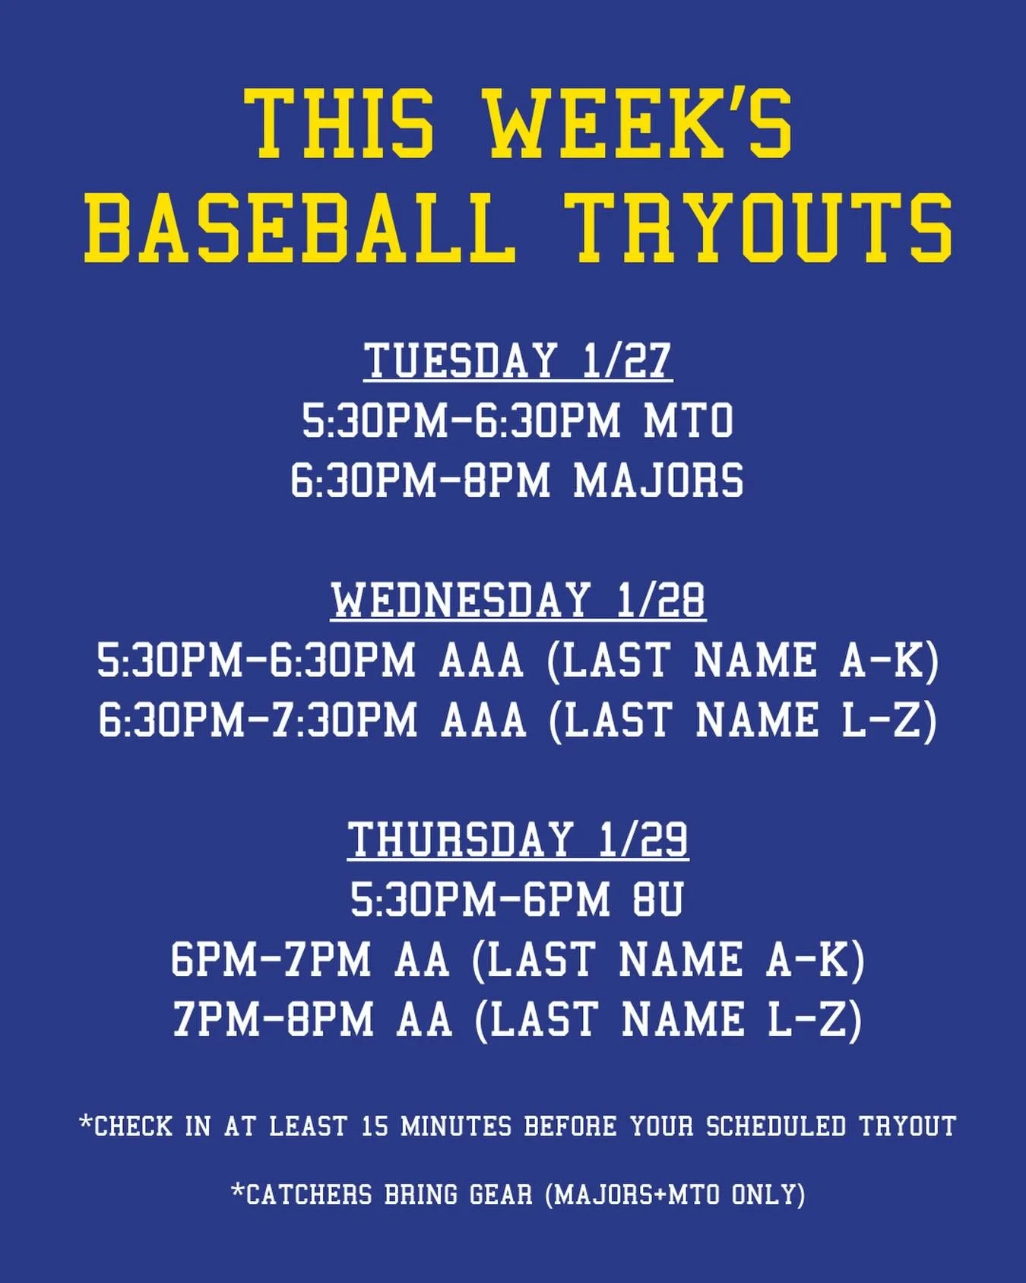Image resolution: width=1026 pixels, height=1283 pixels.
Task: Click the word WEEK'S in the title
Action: tap(640, 124)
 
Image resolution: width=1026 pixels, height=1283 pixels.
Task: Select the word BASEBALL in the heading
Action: tap(296, 226)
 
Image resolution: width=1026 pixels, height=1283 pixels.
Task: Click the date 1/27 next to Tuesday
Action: tap(627, 360)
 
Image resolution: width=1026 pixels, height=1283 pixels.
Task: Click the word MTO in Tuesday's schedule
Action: tap(689, 421)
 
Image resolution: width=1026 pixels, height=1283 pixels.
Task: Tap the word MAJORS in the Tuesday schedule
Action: tap(658, 481)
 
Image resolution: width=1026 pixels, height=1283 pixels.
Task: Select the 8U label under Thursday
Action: tap(657, 899)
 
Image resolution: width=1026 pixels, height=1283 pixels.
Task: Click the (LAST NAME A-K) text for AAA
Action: tap(743, 660)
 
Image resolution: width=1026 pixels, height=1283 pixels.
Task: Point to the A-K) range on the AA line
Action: tap(815, 959)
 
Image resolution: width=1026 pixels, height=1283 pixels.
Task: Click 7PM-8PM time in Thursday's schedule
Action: tap(273, 1019)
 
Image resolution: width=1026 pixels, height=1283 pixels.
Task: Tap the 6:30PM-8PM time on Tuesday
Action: tap(420, 481)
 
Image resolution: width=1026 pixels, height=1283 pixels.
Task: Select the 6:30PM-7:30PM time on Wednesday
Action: tap(258, 720)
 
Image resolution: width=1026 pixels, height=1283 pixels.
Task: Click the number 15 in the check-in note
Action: tap(375, 1126)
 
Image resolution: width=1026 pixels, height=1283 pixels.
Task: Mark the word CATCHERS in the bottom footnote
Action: tap(309, 1194)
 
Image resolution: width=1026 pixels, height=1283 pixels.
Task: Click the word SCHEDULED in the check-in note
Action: tap(776, 1126)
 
